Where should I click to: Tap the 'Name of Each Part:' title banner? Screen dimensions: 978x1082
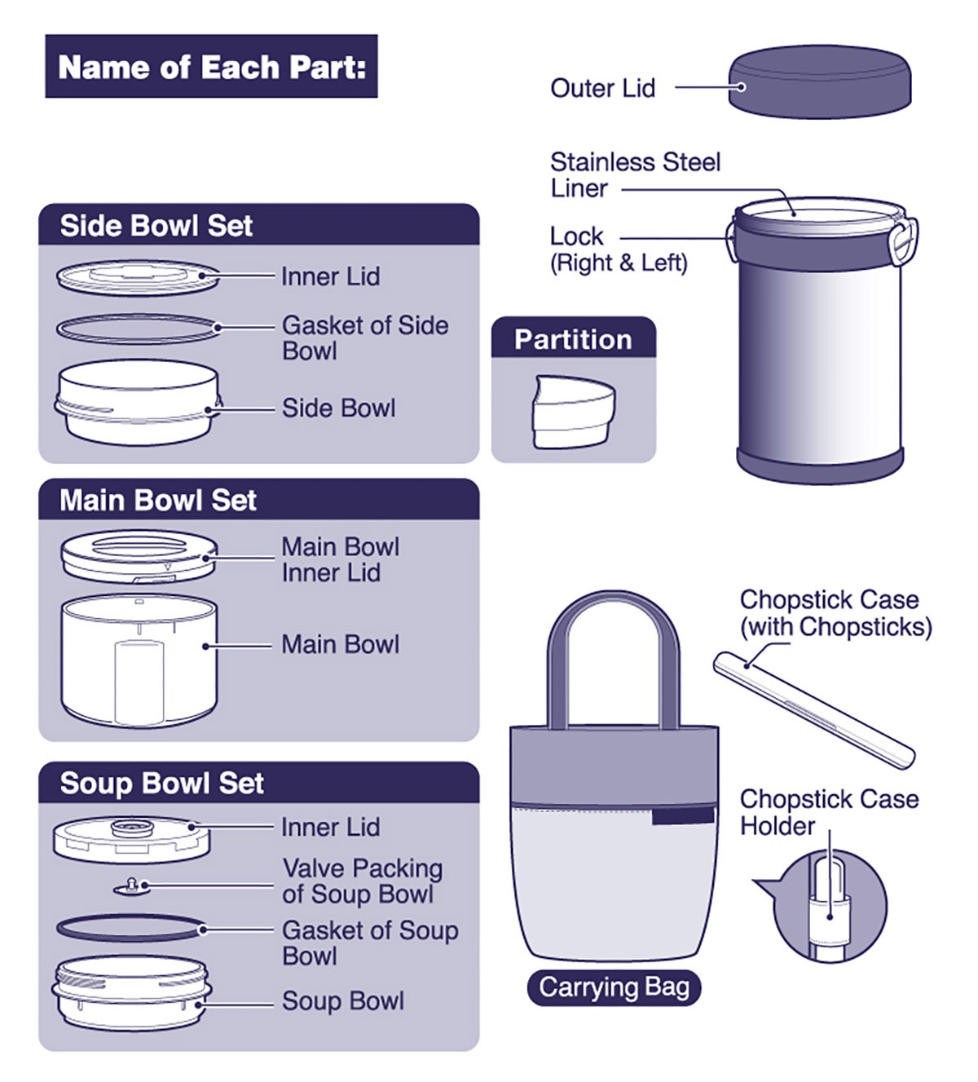pyautogui.click(x=211, y=67)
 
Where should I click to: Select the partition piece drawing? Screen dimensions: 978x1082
pyautogui.click(x=573, y=412)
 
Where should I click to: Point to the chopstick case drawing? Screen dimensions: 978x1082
pyautogui.click(x=813, y=709)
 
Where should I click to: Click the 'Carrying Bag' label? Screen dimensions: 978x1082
pyautogui.click(x=614, y=987)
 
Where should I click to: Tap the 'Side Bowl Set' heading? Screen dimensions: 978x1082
pyautogui.click(x=156, y=226)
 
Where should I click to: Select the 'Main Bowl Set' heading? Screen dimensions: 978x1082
pyautogui.click(x=158, y=500)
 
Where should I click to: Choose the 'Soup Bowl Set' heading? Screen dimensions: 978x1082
pyautogui.click(x=161, y=783)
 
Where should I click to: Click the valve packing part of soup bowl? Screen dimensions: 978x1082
pyautogui.click(x=133, y=885)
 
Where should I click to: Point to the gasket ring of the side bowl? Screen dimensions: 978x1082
pyautogui.click(x=139, y=329)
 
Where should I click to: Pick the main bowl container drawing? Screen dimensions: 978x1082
pyautogui.click(x=139, y=660)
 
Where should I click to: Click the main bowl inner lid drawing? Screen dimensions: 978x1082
pyautogui.click(x=139, y=556)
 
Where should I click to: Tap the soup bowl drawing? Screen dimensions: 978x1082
pyautogui.click(x=131, y=992)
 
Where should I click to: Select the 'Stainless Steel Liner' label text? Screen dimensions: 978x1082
pyautogui.click(x=634, y=174)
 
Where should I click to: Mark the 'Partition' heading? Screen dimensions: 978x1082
pyautogui.click(x=573, y=339)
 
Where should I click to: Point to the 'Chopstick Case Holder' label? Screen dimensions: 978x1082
pyautogui.click(x=828, y=812)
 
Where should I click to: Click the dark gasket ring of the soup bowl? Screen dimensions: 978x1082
pyautogui.click(x=130, y=928)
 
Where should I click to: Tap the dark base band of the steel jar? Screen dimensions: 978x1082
pyautogui.click(x=819, y=465)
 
